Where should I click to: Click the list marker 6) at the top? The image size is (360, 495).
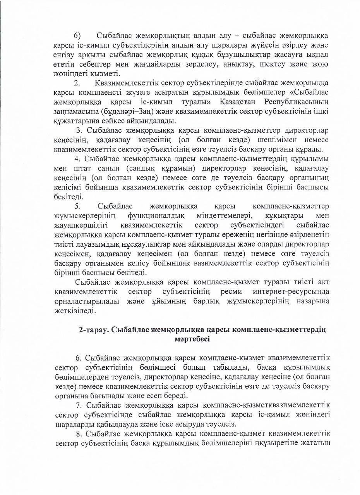(77, 36)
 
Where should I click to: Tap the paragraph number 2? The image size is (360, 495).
(77, 83)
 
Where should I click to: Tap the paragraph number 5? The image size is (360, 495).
(77, 206)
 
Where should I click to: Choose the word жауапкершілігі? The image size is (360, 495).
(81, 225)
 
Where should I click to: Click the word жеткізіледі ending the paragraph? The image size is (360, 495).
(74, 310)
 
